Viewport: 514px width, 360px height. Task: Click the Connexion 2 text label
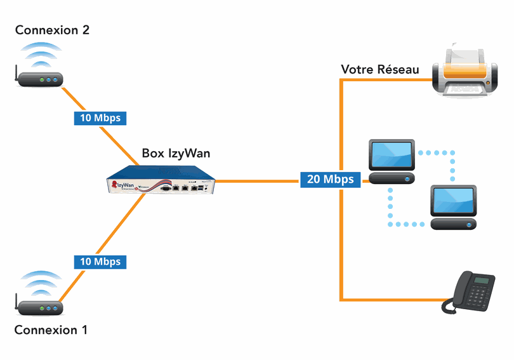pos(52,30)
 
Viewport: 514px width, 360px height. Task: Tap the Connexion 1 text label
pos(51,330)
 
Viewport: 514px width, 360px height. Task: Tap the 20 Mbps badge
pos(330,179)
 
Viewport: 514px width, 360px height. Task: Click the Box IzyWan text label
pos(176,153)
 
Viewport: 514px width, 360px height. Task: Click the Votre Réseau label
pos(380,69)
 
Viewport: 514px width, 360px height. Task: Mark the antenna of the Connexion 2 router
pos(15,74)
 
